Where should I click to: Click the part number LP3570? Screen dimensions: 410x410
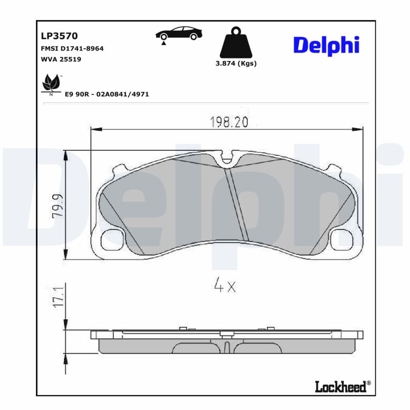59,36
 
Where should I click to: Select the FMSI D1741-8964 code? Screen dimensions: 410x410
72,48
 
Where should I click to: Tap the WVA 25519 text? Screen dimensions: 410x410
60,59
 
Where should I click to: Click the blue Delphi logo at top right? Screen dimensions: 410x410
326,46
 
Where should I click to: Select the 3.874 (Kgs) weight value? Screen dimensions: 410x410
236,64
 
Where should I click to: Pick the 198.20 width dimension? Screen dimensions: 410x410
229,121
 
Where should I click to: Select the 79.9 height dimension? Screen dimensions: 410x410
57,205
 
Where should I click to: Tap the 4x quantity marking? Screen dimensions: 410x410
224,286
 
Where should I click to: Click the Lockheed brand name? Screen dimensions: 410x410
340,386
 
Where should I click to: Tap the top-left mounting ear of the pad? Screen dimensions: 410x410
118,170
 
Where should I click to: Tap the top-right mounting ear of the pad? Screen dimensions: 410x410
334,170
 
